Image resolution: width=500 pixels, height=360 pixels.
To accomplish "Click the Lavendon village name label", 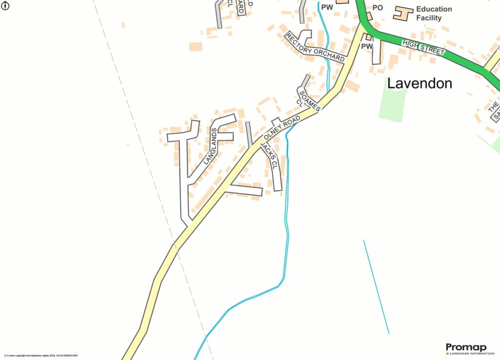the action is [419, 84].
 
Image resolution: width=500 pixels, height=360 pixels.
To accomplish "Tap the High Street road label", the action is [423, 47].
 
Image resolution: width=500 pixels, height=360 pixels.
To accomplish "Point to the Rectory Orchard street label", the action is [315, 47].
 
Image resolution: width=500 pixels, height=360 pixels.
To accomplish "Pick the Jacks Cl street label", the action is [269, 156].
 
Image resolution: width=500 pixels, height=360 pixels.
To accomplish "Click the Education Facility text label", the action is [434, 13].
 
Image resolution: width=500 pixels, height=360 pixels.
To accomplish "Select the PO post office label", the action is [378, 8].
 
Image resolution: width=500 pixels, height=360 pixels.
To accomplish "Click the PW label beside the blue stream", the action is [327, 7].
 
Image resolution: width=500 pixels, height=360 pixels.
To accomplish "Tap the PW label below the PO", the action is [367, 46].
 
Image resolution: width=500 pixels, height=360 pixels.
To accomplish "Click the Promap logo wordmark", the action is [466, 347].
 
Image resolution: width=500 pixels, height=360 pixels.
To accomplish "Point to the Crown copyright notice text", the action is [41, 356].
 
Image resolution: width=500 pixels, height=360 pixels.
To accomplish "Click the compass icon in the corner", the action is [6, 6].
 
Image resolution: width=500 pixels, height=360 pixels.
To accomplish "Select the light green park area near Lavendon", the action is [393, 104].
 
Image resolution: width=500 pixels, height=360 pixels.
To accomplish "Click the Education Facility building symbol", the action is [403, 13].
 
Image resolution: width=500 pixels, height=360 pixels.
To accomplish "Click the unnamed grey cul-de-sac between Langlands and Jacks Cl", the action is [249, 133].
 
